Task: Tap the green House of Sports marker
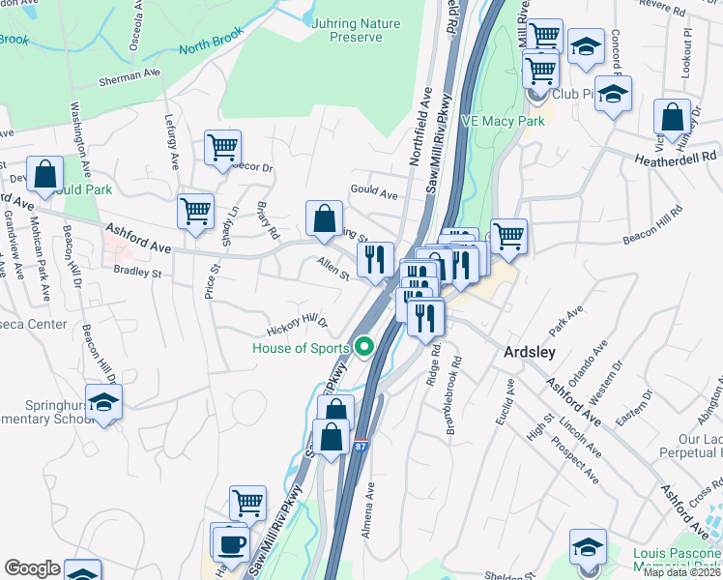364,345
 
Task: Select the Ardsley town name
530,352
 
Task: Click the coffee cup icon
231,543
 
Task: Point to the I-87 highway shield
360,448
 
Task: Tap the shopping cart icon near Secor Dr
222,149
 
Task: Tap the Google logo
32,568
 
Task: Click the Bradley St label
135,272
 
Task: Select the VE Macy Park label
503,121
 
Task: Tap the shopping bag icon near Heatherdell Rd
672,118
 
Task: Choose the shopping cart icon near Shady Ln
195,211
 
